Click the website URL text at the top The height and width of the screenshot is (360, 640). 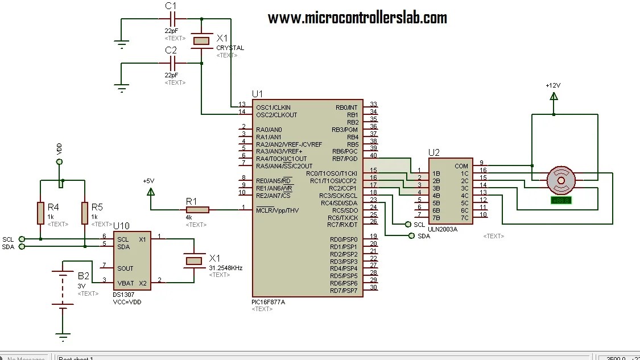point(357,18)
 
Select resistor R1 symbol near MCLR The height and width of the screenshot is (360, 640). point(197,210)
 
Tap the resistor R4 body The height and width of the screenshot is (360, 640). point(40,212)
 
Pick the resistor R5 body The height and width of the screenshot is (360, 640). point(84,212)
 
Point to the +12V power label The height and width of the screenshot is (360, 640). point(553,85)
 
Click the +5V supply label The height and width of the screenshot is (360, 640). point(148,181)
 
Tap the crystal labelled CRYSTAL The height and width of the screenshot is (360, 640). point(201,40)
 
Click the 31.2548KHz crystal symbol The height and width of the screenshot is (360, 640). point(194,260)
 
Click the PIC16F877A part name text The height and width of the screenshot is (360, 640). point(268,301)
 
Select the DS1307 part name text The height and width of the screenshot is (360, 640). point(124,295)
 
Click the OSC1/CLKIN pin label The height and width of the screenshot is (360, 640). point(273,107)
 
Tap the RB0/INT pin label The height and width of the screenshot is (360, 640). point(346,107)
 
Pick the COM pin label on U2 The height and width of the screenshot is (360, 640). point(461,166)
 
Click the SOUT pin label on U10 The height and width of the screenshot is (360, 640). point(125,268)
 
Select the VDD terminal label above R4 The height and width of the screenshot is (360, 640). point(60,149)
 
